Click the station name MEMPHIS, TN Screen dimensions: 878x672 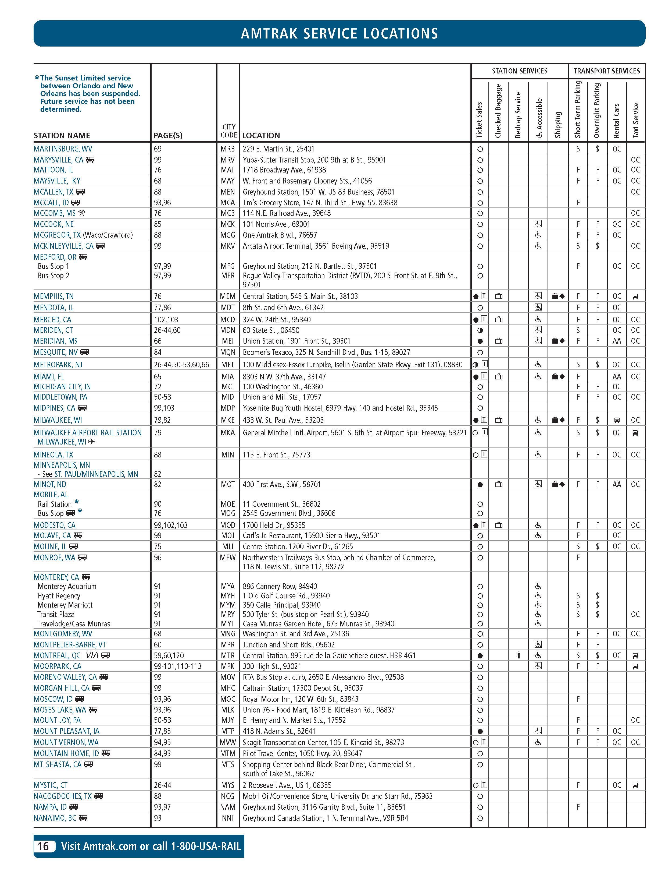pos(53,296)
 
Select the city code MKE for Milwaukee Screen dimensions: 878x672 pos(228,420)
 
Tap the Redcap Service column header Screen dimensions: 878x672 pos(518,115)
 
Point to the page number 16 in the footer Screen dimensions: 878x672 pos(43,846)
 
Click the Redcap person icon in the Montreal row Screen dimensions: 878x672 pos(519,655)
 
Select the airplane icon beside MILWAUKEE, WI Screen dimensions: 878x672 pos(92,442)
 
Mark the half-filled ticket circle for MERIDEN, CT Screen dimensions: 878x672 pos(480,330)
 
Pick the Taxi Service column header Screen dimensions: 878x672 pos(636,120)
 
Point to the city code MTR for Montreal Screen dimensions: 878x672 pos(228,655)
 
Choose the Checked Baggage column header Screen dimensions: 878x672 pos(498,111)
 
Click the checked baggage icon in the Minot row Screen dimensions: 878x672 pos(498,484)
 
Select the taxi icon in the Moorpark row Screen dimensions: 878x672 pos(635,667)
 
